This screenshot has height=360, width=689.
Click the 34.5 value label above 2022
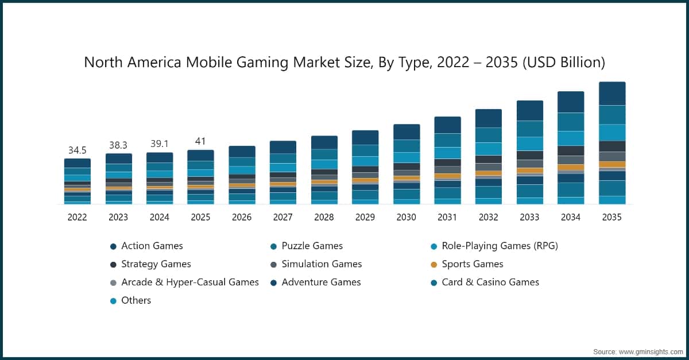tap(78, 150)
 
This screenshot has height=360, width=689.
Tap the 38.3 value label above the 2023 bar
tap(118, 146)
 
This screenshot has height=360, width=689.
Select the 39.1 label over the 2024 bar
tap(160, 145)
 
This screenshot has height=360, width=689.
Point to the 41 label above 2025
tap(200, 141)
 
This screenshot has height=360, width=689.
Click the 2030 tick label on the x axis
tap(406, 217)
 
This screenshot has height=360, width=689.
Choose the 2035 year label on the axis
tap(611, 217)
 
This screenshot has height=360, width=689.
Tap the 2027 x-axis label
tap(282, 217)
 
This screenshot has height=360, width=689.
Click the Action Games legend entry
tap(152, 246)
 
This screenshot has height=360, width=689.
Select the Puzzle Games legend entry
tap(312, 246)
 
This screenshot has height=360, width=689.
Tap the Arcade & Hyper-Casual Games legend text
tap(189, 282)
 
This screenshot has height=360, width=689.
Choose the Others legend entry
tap(136, 300)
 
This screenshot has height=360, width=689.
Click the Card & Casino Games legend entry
tap(490, 282)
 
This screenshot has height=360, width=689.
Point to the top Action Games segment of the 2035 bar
tap(611, 94)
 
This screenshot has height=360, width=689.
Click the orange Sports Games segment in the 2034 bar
tap(571, 168)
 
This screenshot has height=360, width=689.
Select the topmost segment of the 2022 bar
tap(78, 163)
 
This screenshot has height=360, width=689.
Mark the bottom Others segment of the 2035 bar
tap(611, 200)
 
